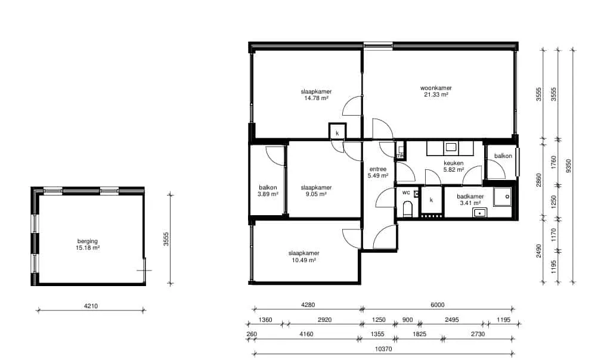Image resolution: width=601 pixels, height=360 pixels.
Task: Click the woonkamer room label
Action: (x=436, y=88)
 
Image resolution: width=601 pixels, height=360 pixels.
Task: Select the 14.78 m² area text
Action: (x=316, y=98)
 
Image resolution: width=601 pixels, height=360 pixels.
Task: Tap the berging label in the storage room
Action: (x=88, y=241)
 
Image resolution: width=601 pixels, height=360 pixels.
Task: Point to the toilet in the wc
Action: (x=407, y=210)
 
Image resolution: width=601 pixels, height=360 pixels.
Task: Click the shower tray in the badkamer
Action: (x=502, y=197)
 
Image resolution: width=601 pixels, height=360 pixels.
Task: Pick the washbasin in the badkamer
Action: (x=479, y=213)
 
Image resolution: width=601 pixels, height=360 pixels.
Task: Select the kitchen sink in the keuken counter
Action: (x=450, y=147)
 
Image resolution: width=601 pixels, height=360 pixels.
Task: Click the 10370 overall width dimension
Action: (x=383, y=349)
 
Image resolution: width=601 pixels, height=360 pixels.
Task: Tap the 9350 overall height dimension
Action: (x=568, y=166)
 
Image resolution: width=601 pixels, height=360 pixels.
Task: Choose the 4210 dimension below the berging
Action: (x=91, y=306)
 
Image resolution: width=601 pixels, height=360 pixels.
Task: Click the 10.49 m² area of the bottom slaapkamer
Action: (x=304, y=260)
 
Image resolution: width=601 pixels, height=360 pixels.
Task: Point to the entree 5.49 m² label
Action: (x=378, y=172)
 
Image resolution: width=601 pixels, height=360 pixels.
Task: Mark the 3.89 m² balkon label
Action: (x=268, y=194)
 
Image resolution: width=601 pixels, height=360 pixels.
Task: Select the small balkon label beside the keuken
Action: (x=503, y=156)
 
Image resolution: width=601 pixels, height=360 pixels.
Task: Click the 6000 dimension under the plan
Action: (x=438, y=305)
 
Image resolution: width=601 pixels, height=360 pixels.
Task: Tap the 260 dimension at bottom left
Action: (x=252, y=334)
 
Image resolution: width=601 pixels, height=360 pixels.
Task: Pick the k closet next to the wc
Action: (x=432, y=200)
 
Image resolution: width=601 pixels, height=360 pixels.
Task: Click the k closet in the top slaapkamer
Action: (x=337, y=131)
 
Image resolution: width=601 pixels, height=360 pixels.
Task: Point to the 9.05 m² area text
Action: (x=316, y=194)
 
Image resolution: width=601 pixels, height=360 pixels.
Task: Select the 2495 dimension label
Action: (x=451, y=319)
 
